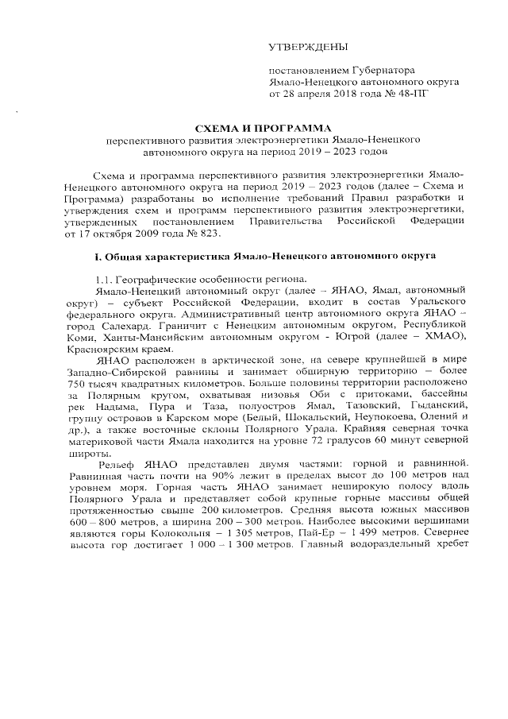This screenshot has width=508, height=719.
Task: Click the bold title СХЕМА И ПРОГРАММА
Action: coord(254,128)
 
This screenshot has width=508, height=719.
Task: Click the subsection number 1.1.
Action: coord(103,281)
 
